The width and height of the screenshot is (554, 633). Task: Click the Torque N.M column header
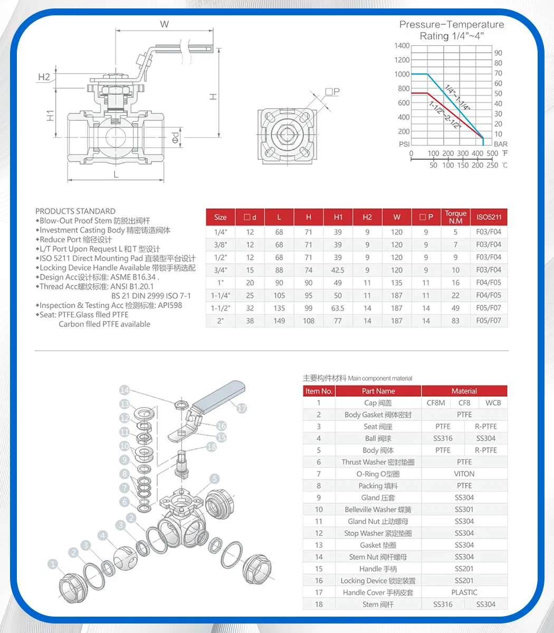[x=455, y=217]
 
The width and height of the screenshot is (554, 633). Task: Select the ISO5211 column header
[x=489, y=217]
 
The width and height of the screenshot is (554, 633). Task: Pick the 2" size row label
[x=220, y=321]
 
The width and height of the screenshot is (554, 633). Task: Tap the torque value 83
[x=455, y=321]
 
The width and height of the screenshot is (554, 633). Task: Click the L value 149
[x=279, y=321]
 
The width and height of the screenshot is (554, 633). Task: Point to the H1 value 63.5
[x=338, y=308]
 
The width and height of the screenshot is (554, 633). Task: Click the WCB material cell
[x=493, y=403]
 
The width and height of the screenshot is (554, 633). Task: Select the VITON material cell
[x=464, y=474]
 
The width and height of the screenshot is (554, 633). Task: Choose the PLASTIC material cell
[x=464, y=592]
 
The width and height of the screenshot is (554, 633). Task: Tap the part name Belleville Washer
[x=378, y=510]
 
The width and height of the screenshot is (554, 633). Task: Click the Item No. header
[x=319, y=391]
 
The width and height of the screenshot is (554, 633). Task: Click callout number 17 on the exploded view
[x=242, y=408]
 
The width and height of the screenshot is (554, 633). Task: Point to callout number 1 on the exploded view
[x=53, y=564]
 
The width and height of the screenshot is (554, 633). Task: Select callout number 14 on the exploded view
[x=125, y=390]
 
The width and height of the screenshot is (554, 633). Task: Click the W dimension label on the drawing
[x=165, y=24]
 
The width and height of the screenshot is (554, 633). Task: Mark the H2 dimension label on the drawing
[x=44, y=77]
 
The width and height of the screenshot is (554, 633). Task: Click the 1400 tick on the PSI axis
[x=402, y=46]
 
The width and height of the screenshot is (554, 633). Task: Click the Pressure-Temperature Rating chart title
[x=451, y=30]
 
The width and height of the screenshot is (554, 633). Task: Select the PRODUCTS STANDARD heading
[x=75, y=211]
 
